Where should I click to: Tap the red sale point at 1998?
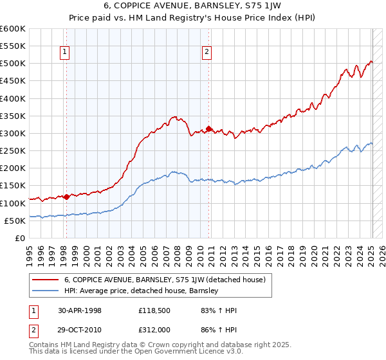pos(66,197)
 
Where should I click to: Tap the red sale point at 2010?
pos(208,129)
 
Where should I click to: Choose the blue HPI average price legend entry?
pos(142,291)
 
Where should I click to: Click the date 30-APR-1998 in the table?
pos(79,310)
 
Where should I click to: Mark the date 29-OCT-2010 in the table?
pos(79,328)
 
